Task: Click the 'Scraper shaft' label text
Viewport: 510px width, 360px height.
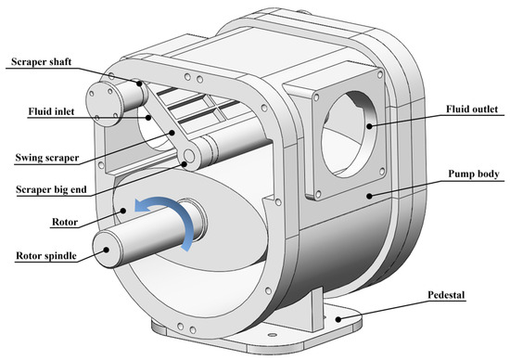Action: click(42, 62)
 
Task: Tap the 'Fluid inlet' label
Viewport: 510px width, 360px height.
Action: click(51, 111)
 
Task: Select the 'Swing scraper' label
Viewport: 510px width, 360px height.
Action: click(47, 158)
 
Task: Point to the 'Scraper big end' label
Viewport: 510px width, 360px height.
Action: click(51, 189)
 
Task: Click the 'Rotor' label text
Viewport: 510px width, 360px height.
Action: click(65, 223)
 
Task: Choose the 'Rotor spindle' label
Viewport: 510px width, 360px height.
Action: click(46, 256)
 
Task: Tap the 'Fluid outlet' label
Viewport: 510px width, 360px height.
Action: click(472, 109)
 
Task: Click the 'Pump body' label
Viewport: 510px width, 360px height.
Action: click(474, 174)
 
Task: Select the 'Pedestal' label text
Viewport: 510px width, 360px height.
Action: click(446, 295)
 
